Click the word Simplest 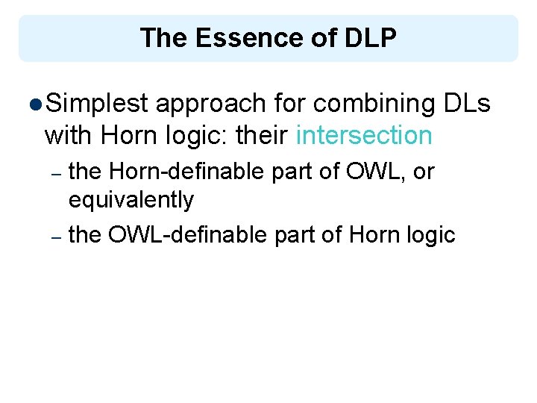[97, 104]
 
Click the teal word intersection [364, 136]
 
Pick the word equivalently [131, 200]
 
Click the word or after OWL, [423, 172]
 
